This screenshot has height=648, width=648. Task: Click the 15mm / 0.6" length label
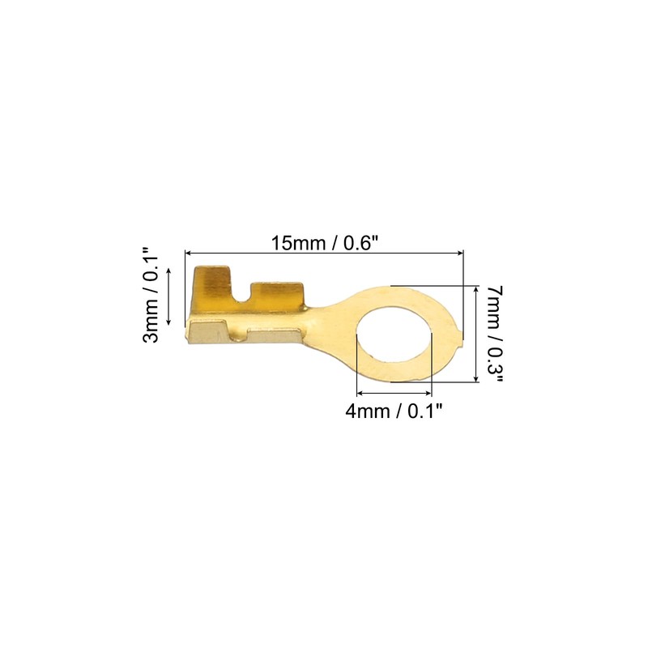point(325,243)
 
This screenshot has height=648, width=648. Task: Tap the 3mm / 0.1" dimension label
point(151,295)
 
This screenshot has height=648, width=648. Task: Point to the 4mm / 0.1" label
point(394,411)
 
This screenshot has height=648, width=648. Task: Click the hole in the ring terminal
point(394,335)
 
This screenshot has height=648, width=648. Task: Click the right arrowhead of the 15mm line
point(459,253)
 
